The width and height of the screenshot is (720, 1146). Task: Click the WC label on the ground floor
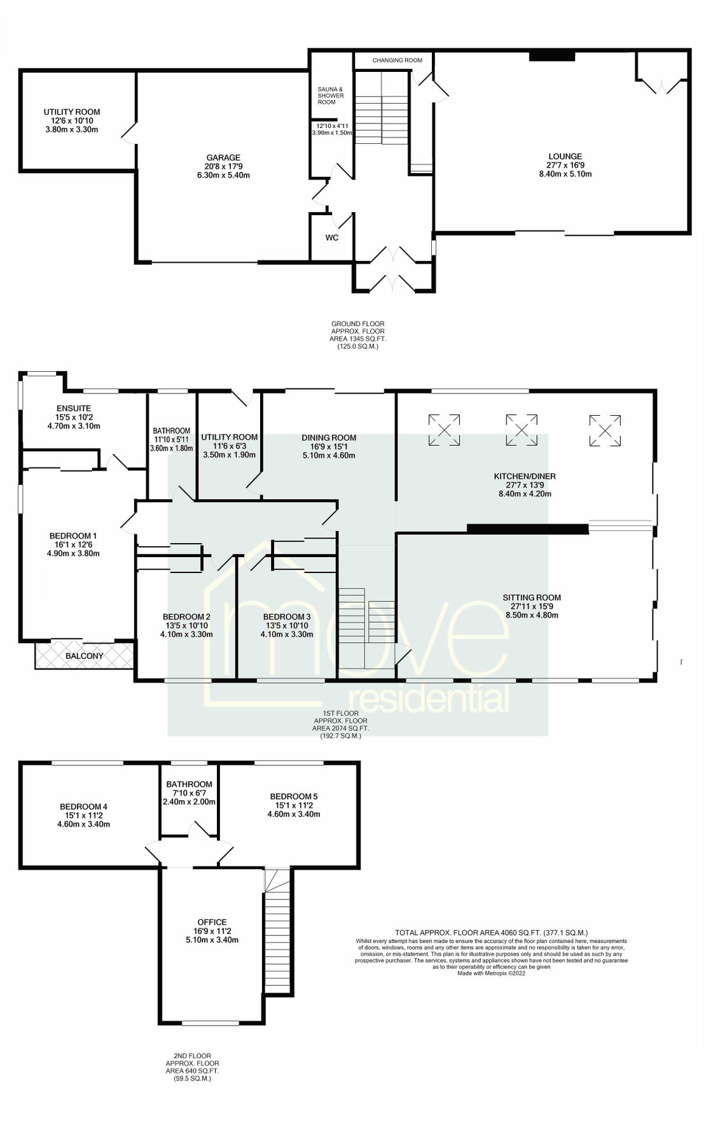[x=331, y=237]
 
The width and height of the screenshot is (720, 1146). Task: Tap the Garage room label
[x=223, y=158]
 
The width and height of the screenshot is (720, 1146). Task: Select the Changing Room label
[x=397, y=60]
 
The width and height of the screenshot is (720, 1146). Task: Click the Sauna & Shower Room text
[x=331, y=95]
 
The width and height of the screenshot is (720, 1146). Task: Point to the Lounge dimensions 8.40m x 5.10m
[x=565, y=174]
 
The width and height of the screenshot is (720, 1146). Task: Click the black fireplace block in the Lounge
[x=551, y=57]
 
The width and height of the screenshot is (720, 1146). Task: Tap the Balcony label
[x=84, y=656]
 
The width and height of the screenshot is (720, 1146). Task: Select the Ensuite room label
[x=74, y=408]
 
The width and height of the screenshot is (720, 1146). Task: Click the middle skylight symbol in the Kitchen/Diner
[x=521, y=429]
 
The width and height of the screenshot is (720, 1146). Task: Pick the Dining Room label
[x=329, y=437]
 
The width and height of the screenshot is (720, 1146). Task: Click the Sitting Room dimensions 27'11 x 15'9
[x=532, y=606]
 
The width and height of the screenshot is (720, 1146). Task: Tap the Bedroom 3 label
[x=286, y=616]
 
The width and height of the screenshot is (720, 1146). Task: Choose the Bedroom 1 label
[x=73, y=535]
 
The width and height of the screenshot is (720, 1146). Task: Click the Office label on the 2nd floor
[x=212, y=922]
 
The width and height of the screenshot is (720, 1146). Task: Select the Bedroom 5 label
[x=293, y=796]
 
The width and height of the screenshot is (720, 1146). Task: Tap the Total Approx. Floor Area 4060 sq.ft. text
[x=490, y=932]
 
